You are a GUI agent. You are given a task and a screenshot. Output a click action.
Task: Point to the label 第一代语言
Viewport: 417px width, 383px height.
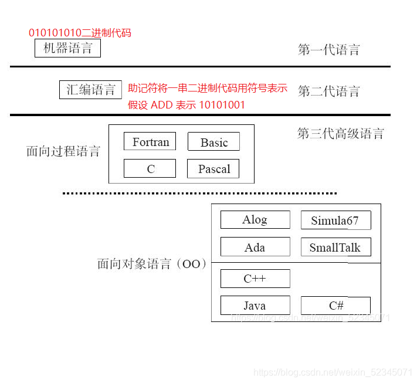328,50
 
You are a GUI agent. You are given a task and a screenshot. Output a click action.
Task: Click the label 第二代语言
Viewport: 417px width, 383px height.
328,91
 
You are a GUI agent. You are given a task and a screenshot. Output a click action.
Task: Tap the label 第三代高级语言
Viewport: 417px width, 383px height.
341,133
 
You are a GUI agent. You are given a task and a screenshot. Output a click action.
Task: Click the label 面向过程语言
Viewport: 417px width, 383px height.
63,151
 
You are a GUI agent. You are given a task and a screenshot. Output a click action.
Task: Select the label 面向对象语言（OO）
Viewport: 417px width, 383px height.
152,264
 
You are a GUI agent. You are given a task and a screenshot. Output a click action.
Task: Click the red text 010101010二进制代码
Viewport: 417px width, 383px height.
80,33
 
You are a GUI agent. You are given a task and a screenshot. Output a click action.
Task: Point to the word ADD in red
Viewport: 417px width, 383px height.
162,105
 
